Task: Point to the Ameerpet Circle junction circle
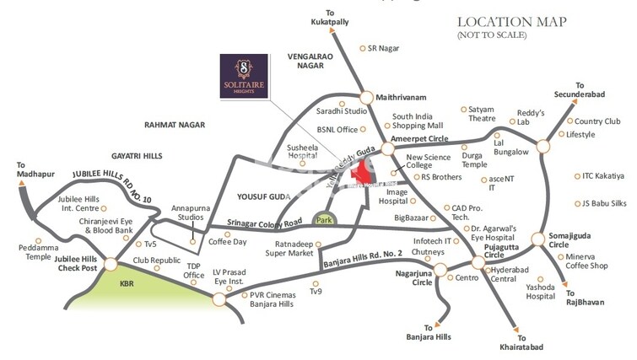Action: [387, 148]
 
